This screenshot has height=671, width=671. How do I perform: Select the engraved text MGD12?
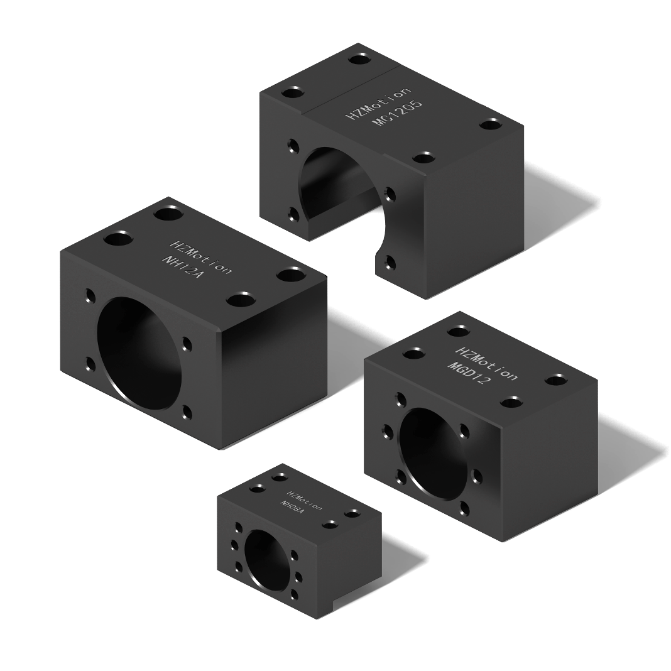click(x=467, y=373)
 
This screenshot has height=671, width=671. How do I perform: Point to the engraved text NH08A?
click(x=292, y=508)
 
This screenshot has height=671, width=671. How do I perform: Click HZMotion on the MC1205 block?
click(x=378, y=103)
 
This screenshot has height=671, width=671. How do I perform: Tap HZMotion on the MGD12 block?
click(x=486, y=363)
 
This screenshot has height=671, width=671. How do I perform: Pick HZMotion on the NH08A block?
click(x=305, y=501)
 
